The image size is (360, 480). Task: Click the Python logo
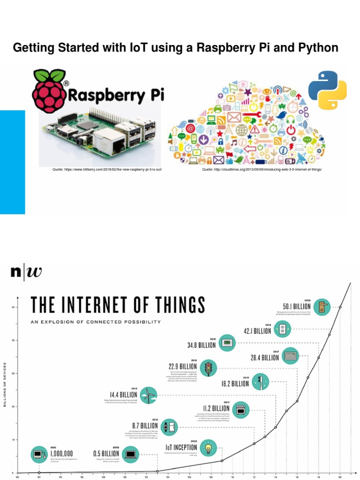[x=328, y=90]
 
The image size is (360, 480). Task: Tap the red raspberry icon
[x=49, y=91]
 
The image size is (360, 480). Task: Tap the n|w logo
[x=26, y=271]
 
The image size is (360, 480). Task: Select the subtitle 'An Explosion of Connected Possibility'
[x=96, y=322]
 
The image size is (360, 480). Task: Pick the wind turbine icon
[x=148, y=395]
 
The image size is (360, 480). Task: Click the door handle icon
[x=322, y=307]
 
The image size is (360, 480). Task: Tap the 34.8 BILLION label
[x=201, y=345]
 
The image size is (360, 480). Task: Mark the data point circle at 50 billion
[x=340, y=307]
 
